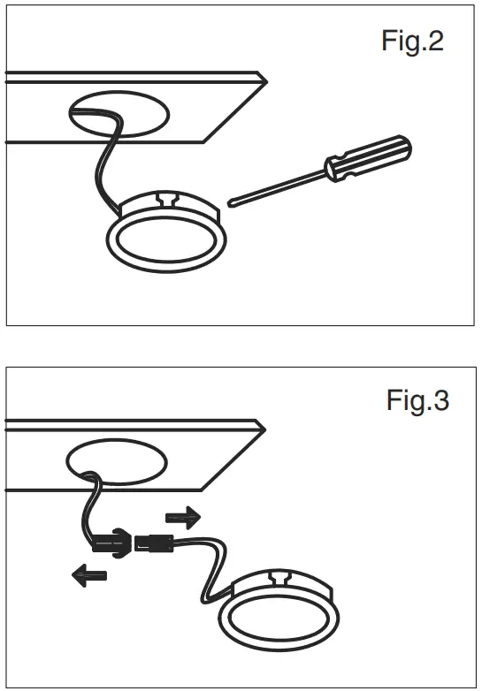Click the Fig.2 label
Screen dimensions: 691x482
[412, 41]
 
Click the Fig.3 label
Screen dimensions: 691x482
[417, 401]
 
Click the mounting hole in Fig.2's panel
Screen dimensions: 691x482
[119, 116]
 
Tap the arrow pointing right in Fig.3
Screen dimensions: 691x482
[182, 516]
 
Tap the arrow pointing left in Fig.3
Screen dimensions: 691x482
[88, 575]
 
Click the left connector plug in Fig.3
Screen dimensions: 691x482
[112, 539]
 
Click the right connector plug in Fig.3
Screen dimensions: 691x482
[153, 544]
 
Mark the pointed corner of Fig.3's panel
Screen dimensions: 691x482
[266, 427]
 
